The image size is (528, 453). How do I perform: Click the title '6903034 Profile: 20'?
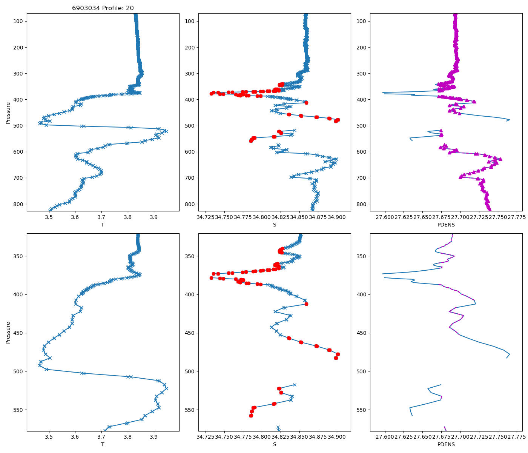pos(103,8)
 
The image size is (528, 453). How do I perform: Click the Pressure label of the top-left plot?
pos(8,112)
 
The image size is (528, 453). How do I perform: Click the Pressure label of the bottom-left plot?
pos(8,332)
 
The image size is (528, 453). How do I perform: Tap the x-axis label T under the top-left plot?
pos(103,225)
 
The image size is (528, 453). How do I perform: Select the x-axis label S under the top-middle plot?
pos(275,225)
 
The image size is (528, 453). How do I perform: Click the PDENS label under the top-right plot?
pos(446,225)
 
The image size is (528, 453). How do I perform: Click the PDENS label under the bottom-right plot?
pos(446,444)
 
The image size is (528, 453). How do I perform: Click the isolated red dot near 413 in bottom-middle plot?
pos(306,304)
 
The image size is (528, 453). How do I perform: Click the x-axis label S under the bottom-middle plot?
pos(275,444)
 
